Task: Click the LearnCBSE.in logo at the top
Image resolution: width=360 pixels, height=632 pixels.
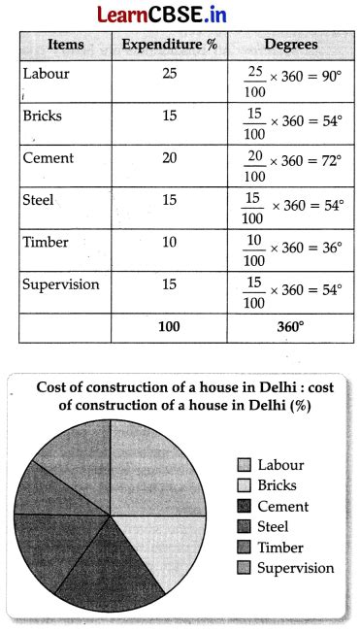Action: tap(180, 14)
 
